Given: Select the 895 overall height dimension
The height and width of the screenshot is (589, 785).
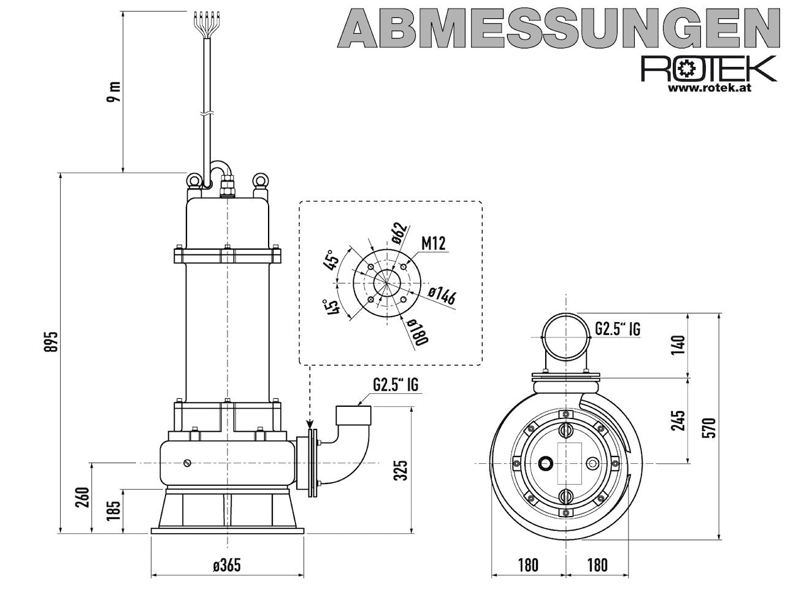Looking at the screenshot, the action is click(52, 342).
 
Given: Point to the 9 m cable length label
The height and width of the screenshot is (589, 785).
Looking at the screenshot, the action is click(113, 91).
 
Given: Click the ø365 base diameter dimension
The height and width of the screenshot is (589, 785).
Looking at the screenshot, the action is click(227, 565).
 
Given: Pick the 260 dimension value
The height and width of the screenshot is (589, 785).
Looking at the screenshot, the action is click(82, 497).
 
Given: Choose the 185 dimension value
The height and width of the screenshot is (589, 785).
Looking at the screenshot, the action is click(113, 510).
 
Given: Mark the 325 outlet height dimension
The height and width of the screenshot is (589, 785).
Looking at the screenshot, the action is click(400, 470).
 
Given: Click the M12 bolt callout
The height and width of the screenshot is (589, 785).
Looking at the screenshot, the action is click(434, 244).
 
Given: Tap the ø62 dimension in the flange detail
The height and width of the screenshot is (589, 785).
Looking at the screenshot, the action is click(399, 233).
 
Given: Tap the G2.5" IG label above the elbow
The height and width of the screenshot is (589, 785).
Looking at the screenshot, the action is click(396, 385).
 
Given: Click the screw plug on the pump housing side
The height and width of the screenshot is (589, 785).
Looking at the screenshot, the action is click(187, 463).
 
